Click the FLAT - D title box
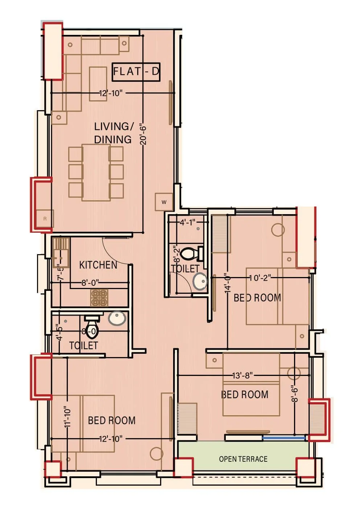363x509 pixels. point(136,71)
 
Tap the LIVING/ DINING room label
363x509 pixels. point(113,133)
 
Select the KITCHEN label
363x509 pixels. point(98,265)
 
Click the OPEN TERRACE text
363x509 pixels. point(243,459)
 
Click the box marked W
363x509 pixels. point(164,202)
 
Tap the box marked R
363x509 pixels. point(45,219)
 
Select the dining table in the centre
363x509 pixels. point(96,172)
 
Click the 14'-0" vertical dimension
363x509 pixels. point(228,283)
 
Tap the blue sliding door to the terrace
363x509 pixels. point(284,438)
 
